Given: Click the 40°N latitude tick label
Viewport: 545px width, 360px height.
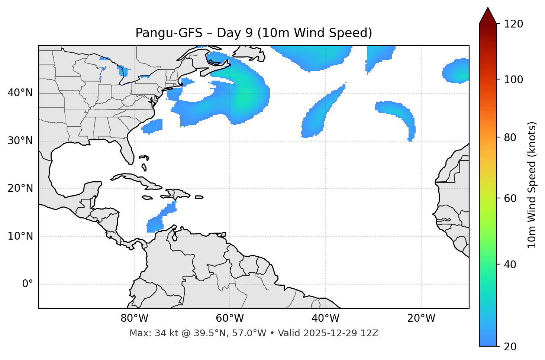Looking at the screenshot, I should (x=20, y=93).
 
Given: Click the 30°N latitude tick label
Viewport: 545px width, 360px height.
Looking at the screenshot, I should (x=20, y=141).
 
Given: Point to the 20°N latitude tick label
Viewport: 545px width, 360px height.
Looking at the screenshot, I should (x=20, y=188).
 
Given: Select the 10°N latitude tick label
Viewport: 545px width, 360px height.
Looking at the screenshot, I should (x=20, y=236).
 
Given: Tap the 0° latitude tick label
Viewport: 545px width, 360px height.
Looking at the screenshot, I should (x=28, y=284).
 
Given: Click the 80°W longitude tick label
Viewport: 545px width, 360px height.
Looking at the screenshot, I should (x=134, y=318).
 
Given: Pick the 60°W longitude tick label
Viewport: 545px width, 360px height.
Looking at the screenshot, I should (x=230, y=318).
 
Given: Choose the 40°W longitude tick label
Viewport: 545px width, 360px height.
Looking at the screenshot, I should (x=325, y=318).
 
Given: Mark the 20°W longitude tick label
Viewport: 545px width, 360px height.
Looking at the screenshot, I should (x=421, y=318).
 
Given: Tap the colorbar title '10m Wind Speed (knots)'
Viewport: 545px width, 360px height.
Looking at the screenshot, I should (x=532, y=185).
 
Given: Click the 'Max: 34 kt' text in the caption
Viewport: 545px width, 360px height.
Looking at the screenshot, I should (x=148, y=333).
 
